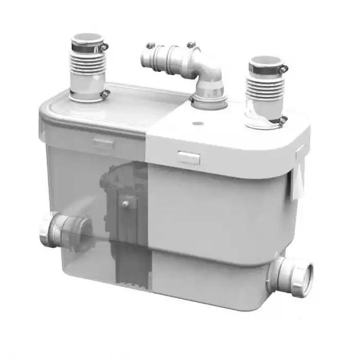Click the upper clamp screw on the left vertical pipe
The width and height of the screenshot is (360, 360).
point(105,47)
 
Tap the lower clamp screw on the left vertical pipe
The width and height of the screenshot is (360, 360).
point(105,94)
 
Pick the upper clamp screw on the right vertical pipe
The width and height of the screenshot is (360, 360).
point(283,68)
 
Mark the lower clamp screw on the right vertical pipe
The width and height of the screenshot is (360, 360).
point(283,120)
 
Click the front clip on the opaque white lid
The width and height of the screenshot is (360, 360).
point(189,157)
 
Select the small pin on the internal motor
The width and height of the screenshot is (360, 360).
point(125,204)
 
